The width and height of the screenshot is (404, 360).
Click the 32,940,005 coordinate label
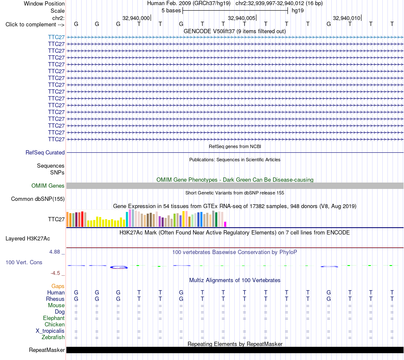coord(242,18)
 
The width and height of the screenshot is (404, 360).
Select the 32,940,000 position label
coord(136,18)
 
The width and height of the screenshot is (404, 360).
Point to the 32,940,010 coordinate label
coord(347,18)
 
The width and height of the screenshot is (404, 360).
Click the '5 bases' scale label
coord(171,11)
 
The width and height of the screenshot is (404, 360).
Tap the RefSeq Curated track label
coord(45,152)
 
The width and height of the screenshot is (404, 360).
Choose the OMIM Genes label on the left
coord(48,186)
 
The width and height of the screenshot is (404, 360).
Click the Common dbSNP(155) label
coord(38,199)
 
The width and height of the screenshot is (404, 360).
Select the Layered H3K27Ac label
coord(28,239)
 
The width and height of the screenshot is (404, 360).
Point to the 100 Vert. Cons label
coord(24,262)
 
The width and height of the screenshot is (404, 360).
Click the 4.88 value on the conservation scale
coord(54,251)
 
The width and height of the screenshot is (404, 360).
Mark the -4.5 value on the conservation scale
coord(55,273)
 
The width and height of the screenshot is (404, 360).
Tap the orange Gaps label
coord(58,286)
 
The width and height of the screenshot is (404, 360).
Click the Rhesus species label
coord(55,299)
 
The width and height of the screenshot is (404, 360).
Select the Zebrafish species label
coord(53,337)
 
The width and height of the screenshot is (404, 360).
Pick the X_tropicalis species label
coord(50,331)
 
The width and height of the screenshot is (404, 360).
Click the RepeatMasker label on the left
coord(47,350)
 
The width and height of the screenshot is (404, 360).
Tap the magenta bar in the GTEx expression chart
coord(225,224)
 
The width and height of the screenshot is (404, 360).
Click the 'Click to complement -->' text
coord(35,25)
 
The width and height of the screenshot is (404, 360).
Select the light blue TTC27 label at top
coord(57,37)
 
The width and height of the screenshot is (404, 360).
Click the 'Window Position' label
coord(44,3)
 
